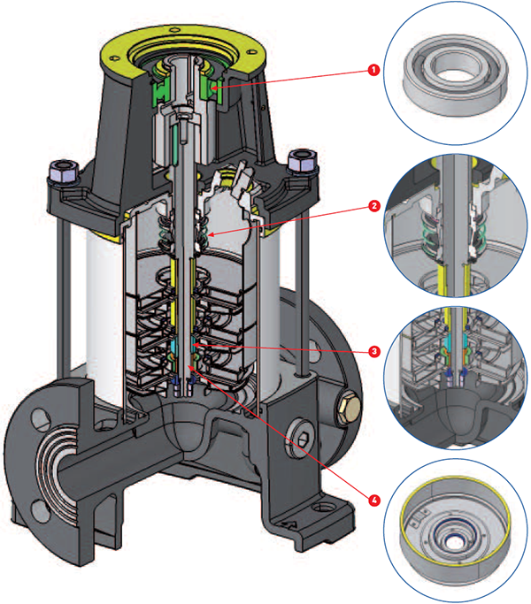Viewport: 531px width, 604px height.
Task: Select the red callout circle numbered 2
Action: (x=374, y=205)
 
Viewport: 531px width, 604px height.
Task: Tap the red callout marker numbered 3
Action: (x=374, y=352)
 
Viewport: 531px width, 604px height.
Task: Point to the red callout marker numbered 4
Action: (x=374, y=500)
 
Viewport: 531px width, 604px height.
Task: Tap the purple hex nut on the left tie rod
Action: (x=65, y=169)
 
